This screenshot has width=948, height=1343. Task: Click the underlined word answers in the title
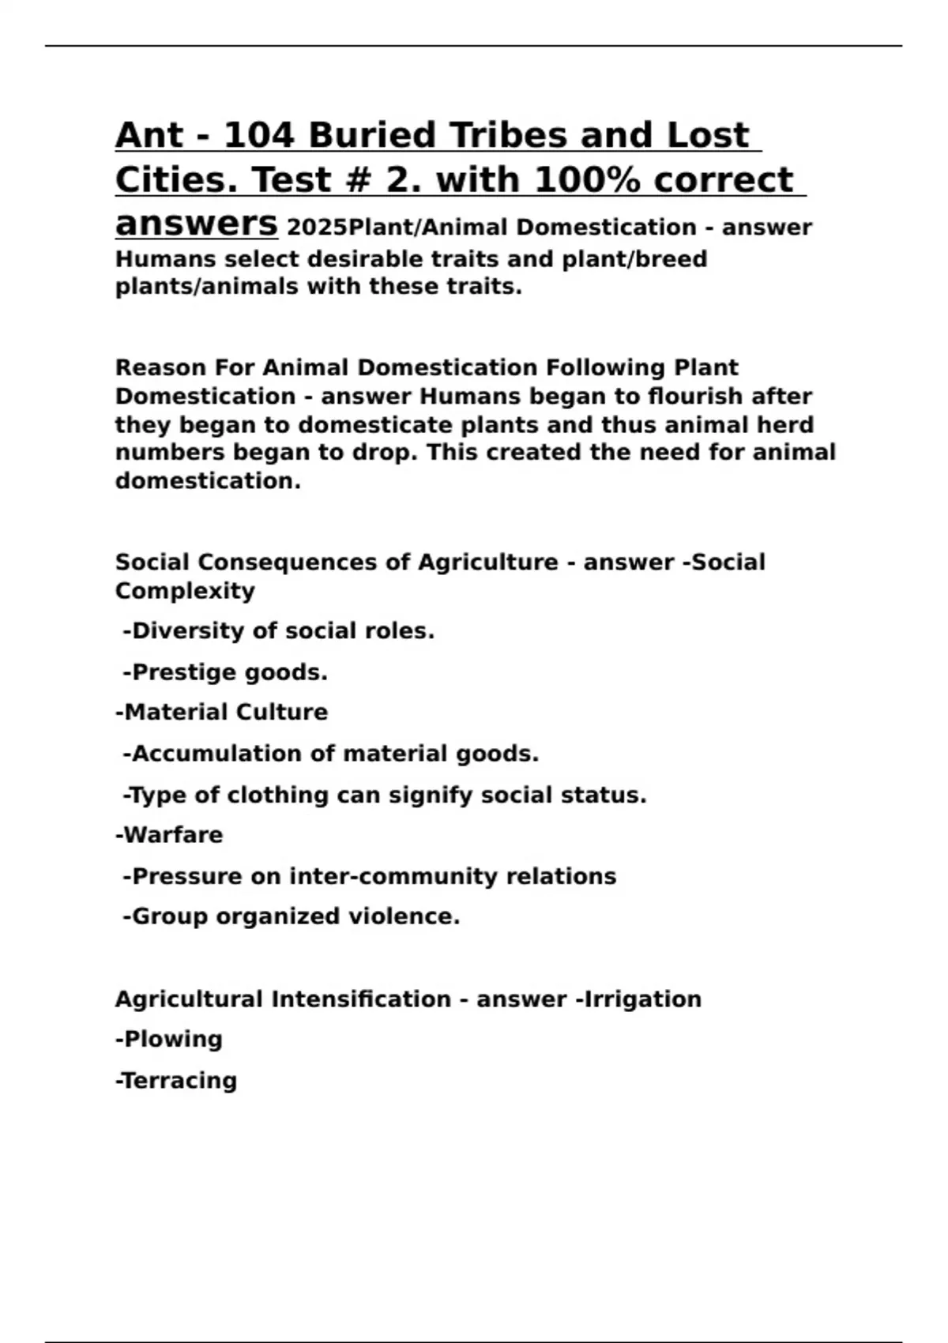pyautogui.click(x=196, y=224)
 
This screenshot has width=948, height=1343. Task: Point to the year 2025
pyautogui.click(x=317, y=228)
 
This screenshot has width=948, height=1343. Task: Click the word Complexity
pyautogui.click(x=185, y=591)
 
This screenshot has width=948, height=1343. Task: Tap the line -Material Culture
pyautogui.click(x=221, y=713)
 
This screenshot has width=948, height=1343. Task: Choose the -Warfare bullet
pyautogui.click(x=169, y=835)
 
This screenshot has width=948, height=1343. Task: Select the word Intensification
pyautogui.click(x=361, y=999)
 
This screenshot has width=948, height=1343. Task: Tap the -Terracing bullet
pyautogui.click(x=176, y=1080)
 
